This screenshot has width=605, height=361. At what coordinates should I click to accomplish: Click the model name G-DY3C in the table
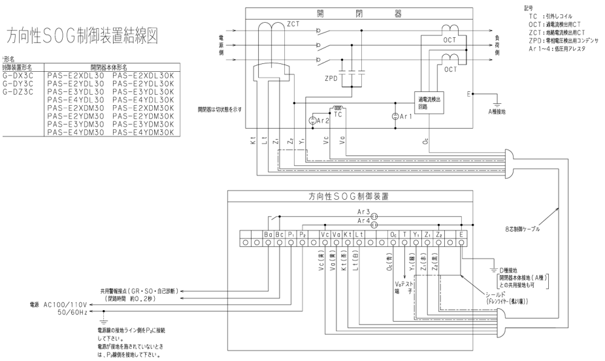coord(18,84)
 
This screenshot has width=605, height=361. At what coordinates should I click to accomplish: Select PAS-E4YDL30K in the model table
coord(144,100)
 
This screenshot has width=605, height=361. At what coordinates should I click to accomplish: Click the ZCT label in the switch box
coord(292,24)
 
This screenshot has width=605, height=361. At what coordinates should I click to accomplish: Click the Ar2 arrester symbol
coord(314,121)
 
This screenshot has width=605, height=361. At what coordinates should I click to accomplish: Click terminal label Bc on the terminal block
coord(280,234)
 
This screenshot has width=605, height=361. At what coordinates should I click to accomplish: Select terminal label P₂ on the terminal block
coord(302,234)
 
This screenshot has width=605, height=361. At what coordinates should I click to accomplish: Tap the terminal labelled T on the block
coord(404,234)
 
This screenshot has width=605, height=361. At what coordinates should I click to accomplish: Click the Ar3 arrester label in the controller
coord(363,212)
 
